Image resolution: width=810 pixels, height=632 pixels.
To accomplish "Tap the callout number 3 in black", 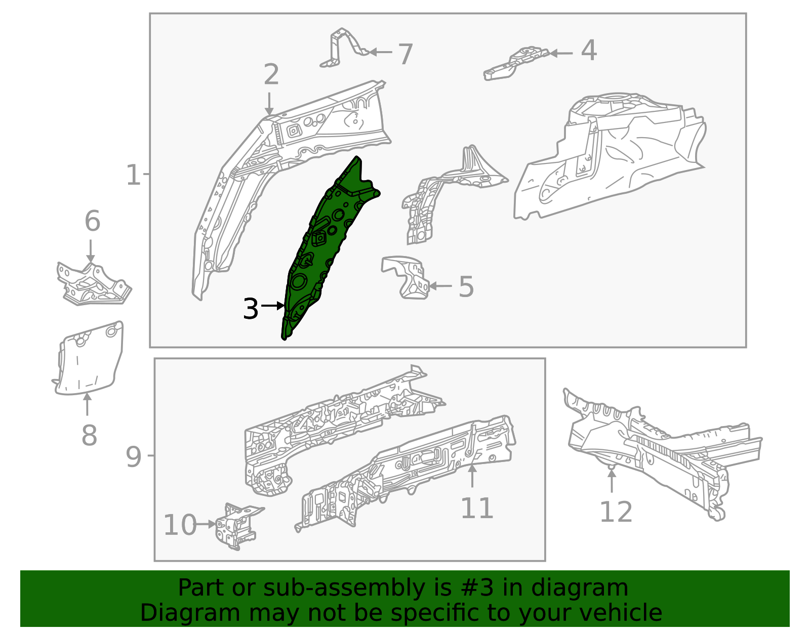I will click(x=251, y=309).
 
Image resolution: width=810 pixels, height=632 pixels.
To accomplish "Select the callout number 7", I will click(x=405, y=54).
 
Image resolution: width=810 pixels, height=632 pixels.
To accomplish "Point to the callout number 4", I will click(x=589, y=51).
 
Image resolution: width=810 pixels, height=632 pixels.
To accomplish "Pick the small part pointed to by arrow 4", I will click(x=516, y=63).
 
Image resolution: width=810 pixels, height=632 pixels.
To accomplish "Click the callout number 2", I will click(x=271, y=75).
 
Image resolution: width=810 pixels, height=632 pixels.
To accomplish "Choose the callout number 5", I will click(x=466, y=287).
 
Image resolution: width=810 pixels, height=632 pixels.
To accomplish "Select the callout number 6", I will click(x=92, y=221).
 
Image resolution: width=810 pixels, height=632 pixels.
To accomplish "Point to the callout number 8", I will click(x=89, y=435).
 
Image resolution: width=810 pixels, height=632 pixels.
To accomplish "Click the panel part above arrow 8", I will click(x=89, y=359).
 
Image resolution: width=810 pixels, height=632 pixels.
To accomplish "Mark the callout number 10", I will click(x=180, y=525).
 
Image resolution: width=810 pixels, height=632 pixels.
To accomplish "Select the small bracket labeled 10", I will click(x=237, y=526).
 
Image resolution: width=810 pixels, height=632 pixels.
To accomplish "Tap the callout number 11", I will click(x=476, y=508).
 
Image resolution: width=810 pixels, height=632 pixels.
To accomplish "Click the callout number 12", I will click(x=616, y=512).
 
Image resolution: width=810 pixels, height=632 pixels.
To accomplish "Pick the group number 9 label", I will click(x=134, y=457).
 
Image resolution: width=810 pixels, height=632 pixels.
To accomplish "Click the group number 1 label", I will click(x=133, y=175).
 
